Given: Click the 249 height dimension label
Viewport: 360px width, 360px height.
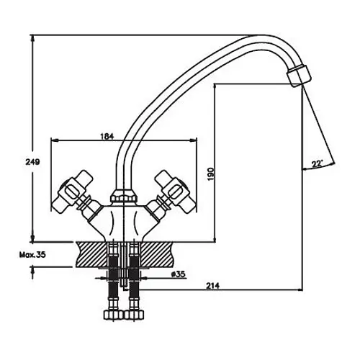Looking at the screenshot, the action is (32, 162).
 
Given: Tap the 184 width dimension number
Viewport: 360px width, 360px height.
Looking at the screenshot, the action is (107, 136).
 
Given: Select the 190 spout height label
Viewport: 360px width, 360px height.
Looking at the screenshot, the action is (210, 174).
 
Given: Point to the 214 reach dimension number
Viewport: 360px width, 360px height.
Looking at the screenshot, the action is (212, 286).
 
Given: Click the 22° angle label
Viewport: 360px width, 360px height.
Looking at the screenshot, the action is (317, 163).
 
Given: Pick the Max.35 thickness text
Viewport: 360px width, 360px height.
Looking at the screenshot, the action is (32, 255).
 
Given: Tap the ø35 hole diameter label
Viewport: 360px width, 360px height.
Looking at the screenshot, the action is (179, 274).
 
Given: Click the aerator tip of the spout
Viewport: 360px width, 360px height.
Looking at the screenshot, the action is (299, 76).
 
